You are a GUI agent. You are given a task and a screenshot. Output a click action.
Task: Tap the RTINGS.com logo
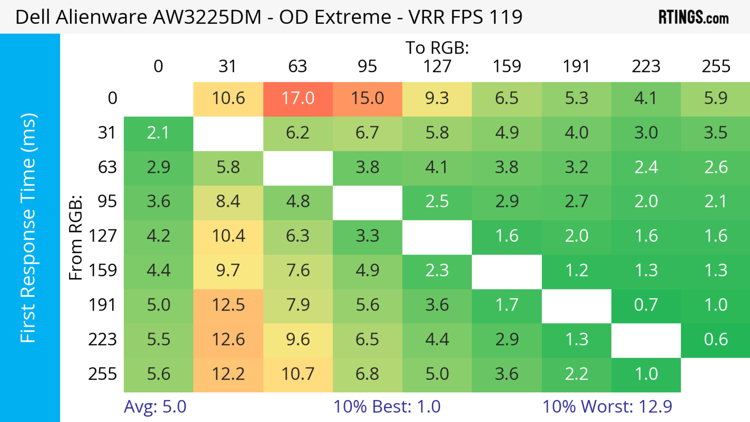tap(694, 17)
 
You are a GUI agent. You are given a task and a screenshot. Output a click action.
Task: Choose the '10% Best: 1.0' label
tap(387, 407)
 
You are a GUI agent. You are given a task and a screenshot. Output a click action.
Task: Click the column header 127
tap(437, 66)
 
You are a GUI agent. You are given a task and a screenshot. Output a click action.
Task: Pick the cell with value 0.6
tap(716, 340)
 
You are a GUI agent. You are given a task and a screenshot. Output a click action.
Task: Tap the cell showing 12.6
tap(228, 340)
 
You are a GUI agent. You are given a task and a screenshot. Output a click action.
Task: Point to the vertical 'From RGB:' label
tap(76, 237)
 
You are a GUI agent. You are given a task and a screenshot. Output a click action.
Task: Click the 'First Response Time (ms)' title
tap(29, 228)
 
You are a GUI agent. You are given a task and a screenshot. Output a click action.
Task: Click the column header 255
tap(716, 66)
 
